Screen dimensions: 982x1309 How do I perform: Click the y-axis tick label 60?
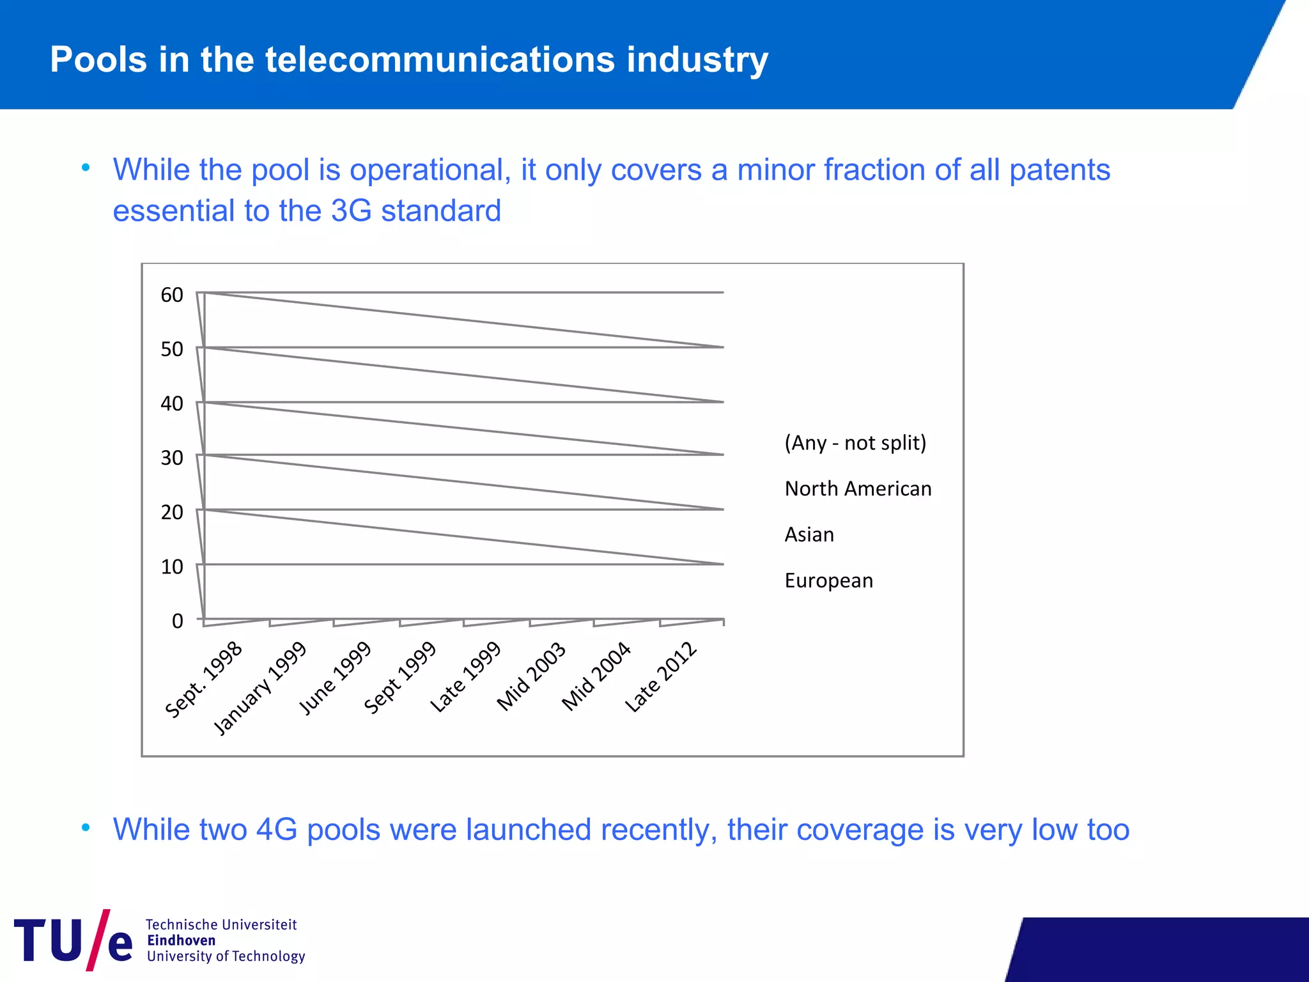(x=171, y=295)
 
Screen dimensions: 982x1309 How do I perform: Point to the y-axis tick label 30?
(x=171, y=458)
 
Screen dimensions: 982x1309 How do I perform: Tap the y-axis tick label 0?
(x=177, y=621)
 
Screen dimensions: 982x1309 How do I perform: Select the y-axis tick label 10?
(x=171, y=566)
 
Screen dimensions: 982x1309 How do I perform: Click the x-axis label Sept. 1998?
(x=203, y=680)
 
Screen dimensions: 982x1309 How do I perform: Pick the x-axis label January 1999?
(x=260, y=689)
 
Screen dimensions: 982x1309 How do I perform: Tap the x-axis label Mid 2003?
(x=531, y=676)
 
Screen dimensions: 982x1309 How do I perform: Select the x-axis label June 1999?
(x=335, y=678)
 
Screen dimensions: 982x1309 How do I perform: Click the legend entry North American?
(x=858, y=489)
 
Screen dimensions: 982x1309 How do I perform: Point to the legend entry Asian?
(x=809, y=534)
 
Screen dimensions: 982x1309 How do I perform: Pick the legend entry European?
(x=828, y=581)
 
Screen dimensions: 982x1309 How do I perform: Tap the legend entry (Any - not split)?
(x=855, y=442)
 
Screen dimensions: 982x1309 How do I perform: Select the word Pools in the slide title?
(x=98, y=59)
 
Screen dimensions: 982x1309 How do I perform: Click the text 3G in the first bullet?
(x=351, y=211)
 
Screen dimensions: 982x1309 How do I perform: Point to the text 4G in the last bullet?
(x=276, y=830)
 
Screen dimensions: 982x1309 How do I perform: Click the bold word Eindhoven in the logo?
(x=181, y=940)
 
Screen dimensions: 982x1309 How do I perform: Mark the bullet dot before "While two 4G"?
(x=86, y=829)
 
